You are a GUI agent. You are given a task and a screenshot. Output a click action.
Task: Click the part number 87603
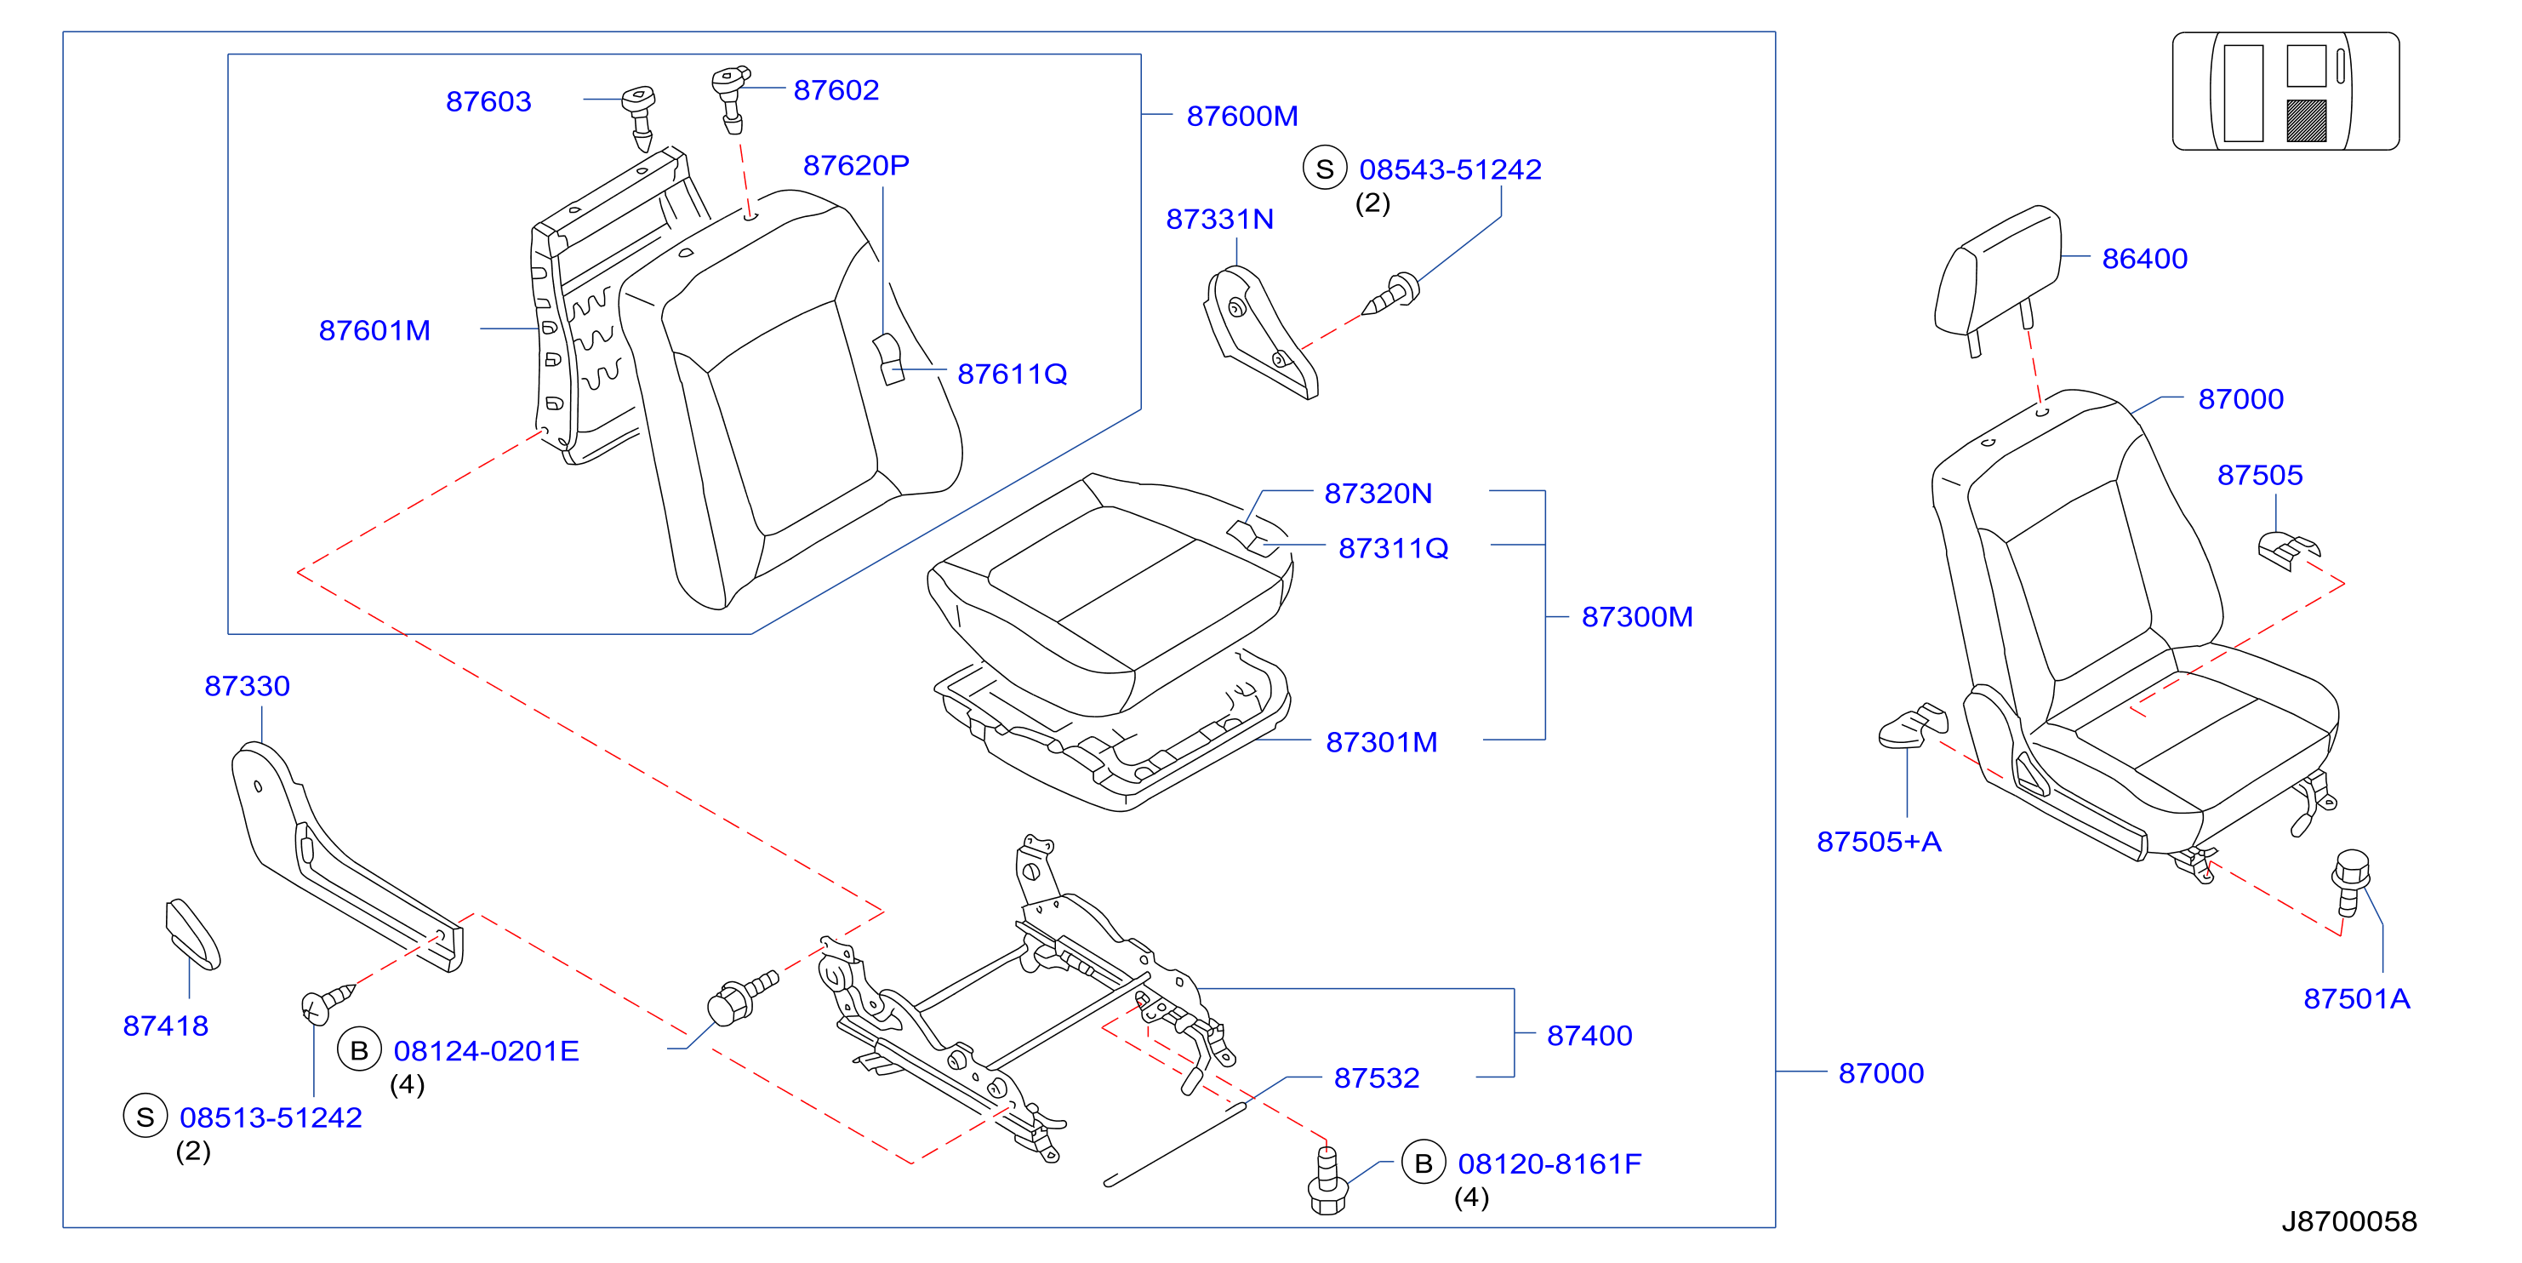488,102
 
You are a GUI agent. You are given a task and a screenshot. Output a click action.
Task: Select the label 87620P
856,165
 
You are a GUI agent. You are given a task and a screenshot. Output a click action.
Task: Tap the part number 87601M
374,331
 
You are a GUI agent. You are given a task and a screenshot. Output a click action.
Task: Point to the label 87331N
1220,220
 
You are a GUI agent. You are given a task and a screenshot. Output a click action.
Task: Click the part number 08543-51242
1450,170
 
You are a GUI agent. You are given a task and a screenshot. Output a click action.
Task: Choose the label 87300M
1637,617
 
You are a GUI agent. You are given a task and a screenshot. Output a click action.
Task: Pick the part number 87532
1377,1078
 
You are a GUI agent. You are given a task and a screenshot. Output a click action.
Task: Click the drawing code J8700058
2348,1222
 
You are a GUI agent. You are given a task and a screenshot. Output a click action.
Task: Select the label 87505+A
1879,842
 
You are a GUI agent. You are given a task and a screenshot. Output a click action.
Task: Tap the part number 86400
2144,259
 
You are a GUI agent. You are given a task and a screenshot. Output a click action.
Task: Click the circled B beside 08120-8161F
1424,1163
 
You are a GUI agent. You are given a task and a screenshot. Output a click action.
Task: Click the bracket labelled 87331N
1260,332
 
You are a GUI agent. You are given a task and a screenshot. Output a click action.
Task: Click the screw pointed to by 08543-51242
1391,294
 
